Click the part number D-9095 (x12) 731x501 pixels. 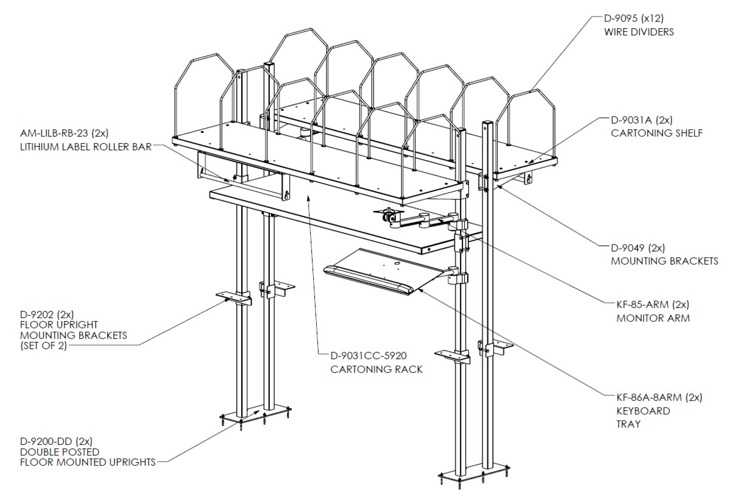[634, 18]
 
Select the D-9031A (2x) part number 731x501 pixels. [641, 120]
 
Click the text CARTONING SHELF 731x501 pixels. [657, 133]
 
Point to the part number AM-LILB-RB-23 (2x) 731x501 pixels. [64, 133]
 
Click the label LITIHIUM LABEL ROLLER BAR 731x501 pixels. [86, 147]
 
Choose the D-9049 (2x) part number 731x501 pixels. [638, 248]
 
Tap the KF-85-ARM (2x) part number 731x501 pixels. [652, 305]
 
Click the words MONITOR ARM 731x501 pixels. [653, 318]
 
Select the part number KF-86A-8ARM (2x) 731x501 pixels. [659, 397]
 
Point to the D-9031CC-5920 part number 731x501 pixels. [369, 355]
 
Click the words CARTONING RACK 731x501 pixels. [376, 369]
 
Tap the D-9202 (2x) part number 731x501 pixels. [47, 314]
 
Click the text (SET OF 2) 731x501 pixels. [43, 346]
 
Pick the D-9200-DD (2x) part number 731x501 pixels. [56, 441]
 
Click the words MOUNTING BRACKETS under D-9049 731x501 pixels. [665, 261]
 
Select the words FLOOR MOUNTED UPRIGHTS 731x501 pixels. [88, 463]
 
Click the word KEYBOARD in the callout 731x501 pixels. [643, 411]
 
